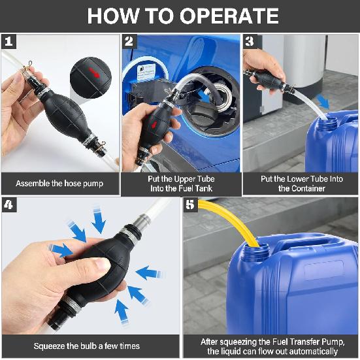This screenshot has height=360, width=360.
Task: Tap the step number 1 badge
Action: (8, 42)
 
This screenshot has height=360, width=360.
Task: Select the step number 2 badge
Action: (129, 42)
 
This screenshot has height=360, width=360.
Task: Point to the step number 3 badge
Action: (249, 42)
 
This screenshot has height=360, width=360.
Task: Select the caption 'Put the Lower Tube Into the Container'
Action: (300, 184)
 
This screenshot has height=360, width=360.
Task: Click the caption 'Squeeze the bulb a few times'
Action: (90, 346)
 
